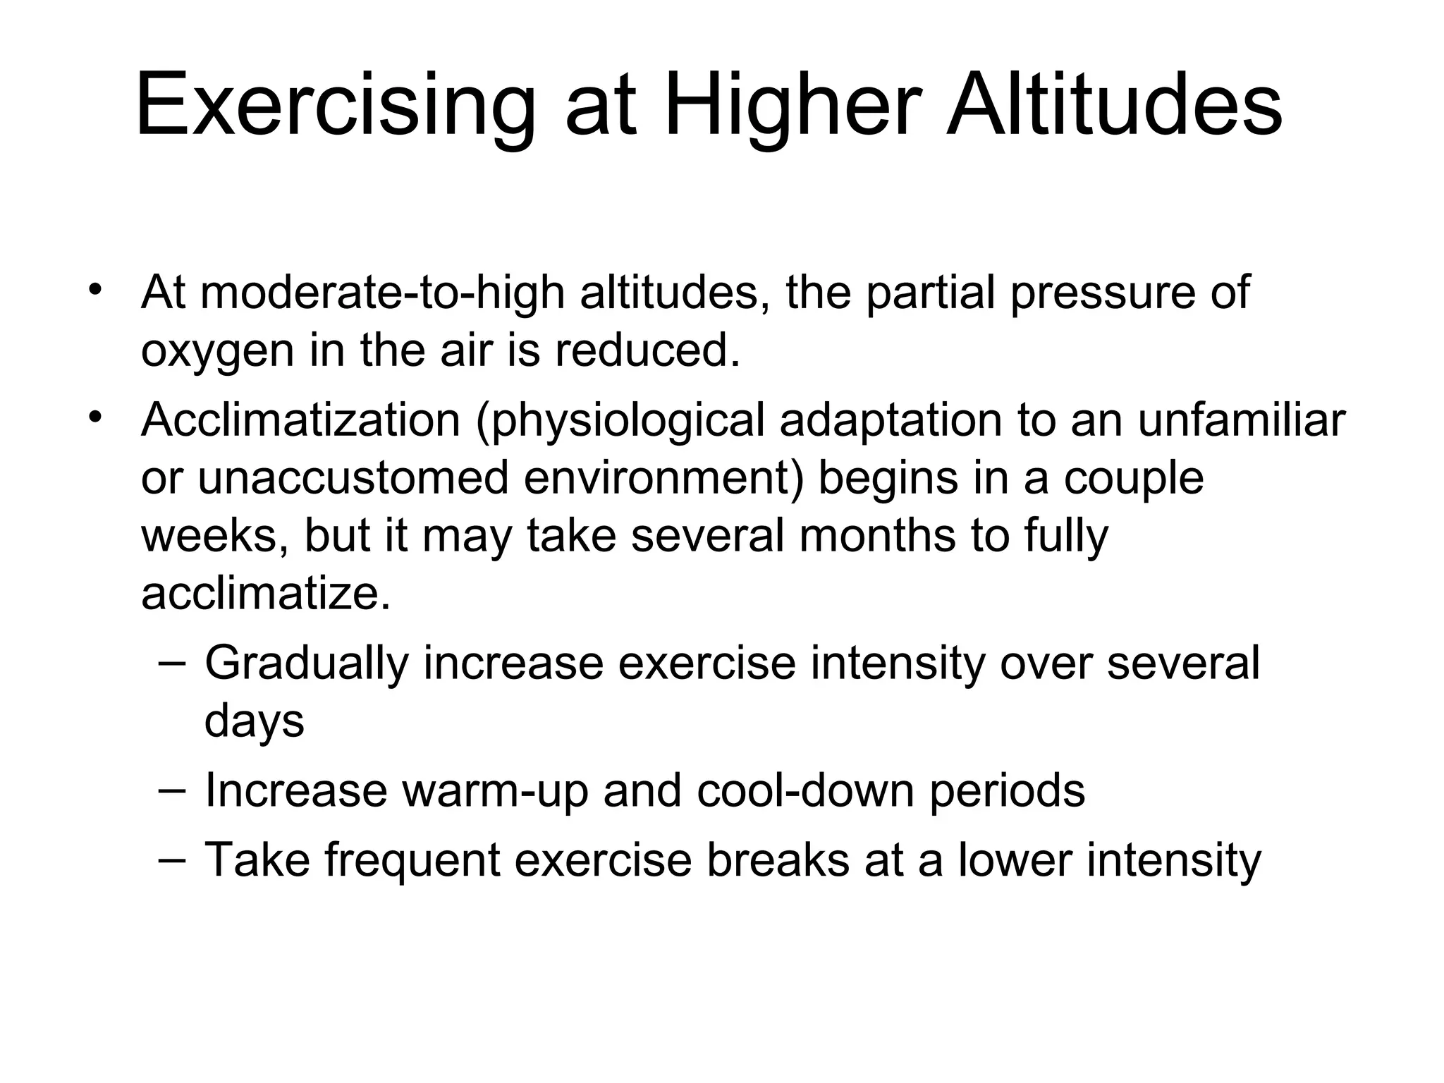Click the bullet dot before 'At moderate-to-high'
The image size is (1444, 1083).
[95, 290]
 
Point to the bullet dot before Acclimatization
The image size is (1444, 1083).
[95, 417]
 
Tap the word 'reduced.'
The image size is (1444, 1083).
[647, 350]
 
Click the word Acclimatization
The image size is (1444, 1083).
[300, 420]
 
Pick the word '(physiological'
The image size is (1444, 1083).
[620, 422]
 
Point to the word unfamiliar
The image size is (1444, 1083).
[1242, 420]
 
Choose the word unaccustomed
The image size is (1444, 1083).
[353, 478]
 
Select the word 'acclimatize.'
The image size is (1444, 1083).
[266, 594]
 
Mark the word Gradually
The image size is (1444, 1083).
[307, 665]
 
